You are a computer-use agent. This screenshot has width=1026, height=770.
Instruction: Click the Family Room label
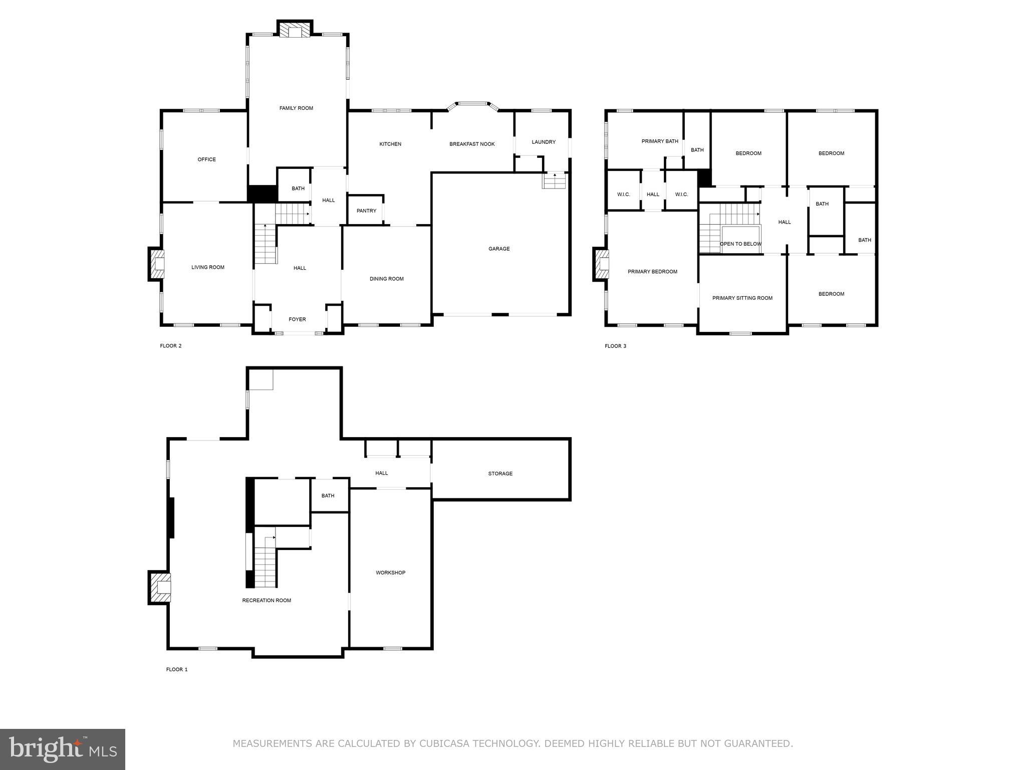tap(296, 108)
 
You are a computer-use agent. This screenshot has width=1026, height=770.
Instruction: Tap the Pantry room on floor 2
tap(366, 211)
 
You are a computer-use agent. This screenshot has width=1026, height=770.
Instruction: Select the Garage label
tap(499, 249)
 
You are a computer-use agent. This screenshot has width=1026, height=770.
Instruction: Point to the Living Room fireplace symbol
tap(157, 264)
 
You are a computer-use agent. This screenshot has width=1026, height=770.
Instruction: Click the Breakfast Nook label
tap(472, 144)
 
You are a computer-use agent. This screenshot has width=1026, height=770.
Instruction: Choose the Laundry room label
tap(544, 142)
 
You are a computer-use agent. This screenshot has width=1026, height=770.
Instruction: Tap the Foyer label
tap(297, 319)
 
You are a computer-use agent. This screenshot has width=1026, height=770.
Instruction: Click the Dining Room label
tap(386, 279)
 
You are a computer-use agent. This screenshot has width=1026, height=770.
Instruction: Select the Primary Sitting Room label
tap(742, 298)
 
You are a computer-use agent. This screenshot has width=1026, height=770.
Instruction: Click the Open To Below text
tap(740, 244)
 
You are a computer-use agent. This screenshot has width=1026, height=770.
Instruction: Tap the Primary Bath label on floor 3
tap(660, 141)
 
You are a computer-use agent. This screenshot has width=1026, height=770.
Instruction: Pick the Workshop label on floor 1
tap(390, 572)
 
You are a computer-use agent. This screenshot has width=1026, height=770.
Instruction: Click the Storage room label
tap(500, 474)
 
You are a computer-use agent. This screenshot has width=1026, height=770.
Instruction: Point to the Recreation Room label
tap(267, 601)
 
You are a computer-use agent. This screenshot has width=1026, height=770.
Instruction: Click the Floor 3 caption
tap(615, 346)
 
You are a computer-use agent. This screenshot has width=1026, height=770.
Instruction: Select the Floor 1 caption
tap(177, 669)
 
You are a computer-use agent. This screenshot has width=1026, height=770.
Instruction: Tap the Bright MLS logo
tap(62, 749)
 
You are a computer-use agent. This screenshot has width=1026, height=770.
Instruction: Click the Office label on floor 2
tap(206, 159)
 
